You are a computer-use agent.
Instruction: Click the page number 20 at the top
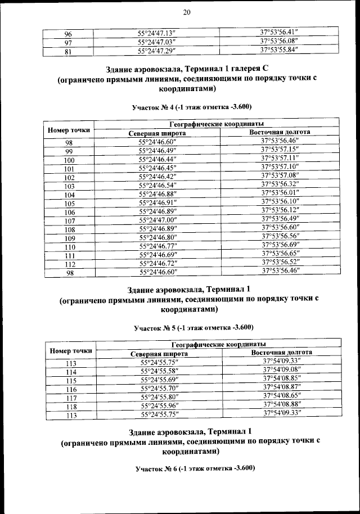coord(187,13)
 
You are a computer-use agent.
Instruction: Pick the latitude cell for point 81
coord(157,51)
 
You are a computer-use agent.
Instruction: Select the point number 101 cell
coord(69,168)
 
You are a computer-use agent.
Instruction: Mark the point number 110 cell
coord(69,246)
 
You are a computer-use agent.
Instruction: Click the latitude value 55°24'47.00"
coord(157,219)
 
